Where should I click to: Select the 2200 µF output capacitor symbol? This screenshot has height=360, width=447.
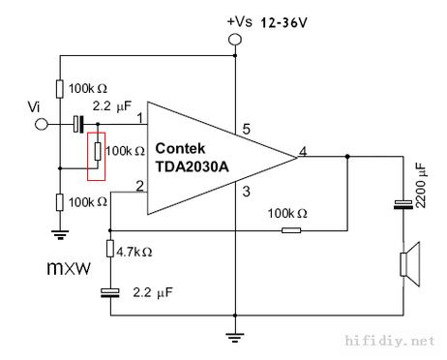(x=402, y=204)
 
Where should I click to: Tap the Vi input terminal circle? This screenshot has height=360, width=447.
(x=41, y=124)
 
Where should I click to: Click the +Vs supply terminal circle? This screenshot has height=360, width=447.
(x=234, y=40)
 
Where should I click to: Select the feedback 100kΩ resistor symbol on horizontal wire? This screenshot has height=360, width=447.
(x=290, y=230)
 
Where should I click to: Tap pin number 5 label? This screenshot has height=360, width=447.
(x=245, y=128)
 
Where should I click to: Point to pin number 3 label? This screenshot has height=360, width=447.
(x=245, y=192)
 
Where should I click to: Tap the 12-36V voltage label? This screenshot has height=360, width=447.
(x=290, y=20)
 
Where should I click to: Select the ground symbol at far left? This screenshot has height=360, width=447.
(x=60, y=233)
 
